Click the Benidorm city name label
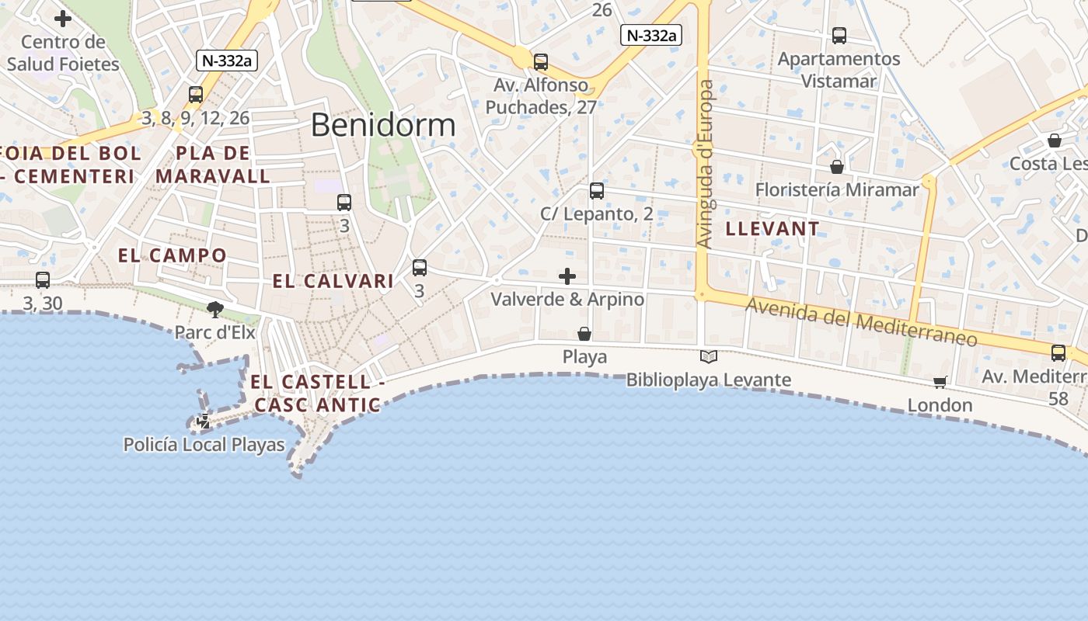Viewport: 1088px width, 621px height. [x=383, y=125]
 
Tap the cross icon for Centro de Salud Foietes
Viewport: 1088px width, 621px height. [x=63, y=18]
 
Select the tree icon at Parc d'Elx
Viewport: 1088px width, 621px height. [x=215, y=310]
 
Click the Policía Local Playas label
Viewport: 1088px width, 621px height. [x=204, y=445]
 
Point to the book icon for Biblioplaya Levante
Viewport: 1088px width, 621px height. [x=709, y=356]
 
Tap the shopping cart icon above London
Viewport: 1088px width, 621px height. [x=940, y=382]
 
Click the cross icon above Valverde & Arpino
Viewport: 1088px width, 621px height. [x=568, y=276]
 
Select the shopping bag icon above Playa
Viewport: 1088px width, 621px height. [x=584, y=334]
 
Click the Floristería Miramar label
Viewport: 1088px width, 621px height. [x=837, y=189]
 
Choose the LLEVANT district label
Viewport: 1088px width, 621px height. [x=772, y=228]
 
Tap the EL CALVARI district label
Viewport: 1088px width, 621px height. [x=333, y=281]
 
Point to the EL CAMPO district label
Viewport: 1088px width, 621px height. [x=173, y=255]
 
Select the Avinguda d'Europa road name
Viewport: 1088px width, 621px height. [x=705, y=164]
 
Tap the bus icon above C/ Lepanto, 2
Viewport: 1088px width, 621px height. [x=597, y=190]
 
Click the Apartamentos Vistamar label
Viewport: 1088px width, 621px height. [x=839, y=70]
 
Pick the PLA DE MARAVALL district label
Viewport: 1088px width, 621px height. [x=213, y=165]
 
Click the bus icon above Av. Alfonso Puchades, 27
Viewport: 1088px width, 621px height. [x=541, y=61]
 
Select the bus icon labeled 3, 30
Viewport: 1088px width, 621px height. [x=43, y=279]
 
